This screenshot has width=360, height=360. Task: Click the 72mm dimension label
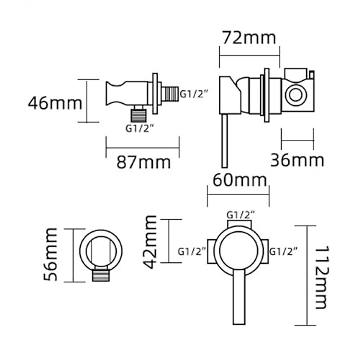coord(249,38)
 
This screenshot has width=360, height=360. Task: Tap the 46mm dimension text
coord(55,103)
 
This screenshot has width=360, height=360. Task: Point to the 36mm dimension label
coord(297,160)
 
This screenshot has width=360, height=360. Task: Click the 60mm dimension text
coord(239,180)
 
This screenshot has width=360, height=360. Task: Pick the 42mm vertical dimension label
coord(150,242)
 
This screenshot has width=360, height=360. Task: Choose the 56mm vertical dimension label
coord(50,254)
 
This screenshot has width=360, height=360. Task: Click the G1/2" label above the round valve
coord(241,215)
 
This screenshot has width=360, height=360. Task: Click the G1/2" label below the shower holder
coord(139,128)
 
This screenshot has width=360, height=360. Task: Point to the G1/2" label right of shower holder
coord(194,94)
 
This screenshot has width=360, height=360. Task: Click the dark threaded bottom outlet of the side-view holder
coord(139,115)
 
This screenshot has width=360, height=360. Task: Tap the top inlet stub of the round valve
coord(239,224)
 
